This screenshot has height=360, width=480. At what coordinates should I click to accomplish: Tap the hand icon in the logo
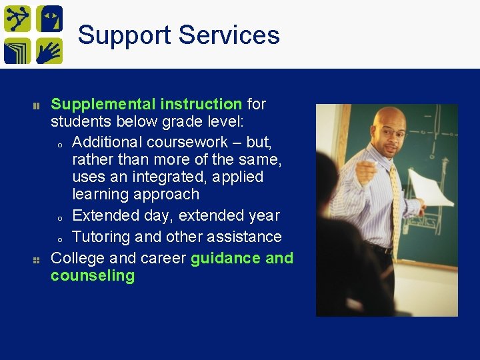(x=49, y=51)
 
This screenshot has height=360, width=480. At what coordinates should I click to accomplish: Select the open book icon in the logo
(x=17, y=51)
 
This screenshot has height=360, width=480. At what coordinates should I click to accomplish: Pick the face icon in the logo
(x=49, y=19)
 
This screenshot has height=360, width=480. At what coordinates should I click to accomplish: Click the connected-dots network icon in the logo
(x=17, y=19)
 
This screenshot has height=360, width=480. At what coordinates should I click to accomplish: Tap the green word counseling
(x=93, y=276)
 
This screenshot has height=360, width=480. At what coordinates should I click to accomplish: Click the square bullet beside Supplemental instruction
(x=37, y=105)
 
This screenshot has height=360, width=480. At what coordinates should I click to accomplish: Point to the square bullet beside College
(x=37, y=259)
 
